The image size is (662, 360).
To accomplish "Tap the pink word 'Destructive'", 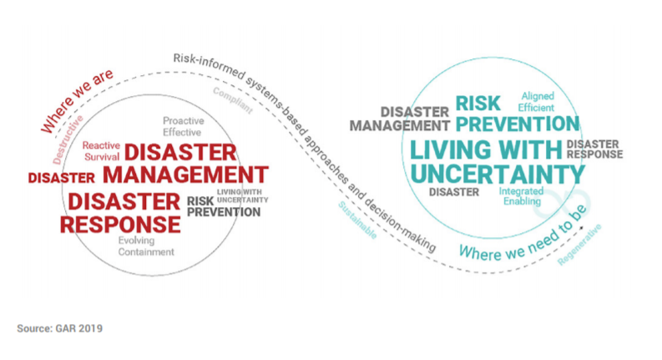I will pos(68,143).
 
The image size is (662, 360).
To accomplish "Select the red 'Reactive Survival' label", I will pos(101,150).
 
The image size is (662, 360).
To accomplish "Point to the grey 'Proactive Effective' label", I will pos(183,126).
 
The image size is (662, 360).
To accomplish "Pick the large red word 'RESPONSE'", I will pos(121,224).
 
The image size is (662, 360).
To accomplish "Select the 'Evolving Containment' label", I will pos(145,246).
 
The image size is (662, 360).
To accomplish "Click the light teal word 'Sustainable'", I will pos(357,221).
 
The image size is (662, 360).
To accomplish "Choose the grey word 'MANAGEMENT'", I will pos(399,125).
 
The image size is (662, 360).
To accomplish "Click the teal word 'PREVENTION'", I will pos(517,124).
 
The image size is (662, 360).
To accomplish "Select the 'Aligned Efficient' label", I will pos(536,102).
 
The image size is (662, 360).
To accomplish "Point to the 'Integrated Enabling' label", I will pos(522,195).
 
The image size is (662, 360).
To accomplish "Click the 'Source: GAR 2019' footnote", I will pos(59,328).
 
